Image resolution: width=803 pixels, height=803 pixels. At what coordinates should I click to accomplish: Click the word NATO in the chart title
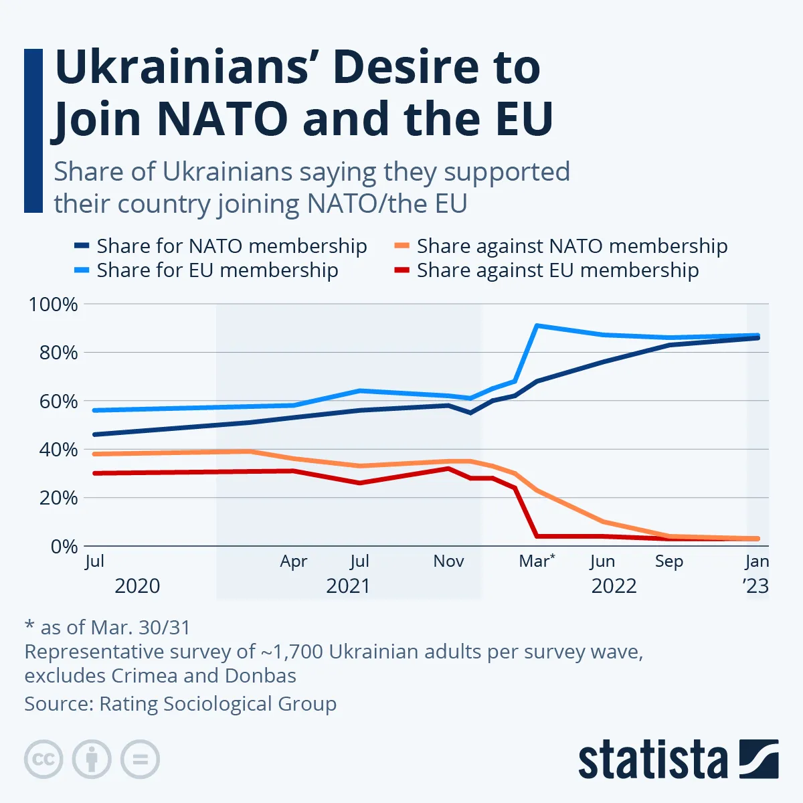tap(224, 119)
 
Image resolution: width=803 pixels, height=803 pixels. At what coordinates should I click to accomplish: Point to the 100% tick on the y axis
tap(53, 304)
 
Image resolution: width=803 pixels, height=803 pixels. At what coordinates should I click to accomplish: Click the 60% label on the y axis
tap(58, 401)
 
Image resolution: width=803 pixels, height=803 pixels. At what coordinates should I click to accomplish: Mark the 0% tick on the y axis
tap(64, 547)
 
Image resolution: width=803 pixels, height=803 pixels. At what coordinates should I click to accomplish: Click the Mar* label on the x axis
tap(537, 561)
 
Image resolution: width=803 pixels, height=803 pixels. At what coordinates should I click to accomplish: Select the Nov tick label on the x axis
tap(448, 561)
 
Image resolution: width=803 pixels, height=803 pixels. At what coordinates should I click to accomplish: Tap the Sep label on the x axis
tap(668, 561)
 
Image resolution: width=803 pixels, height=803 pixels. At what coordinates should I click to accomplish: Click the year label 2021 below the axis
tap(348, 586)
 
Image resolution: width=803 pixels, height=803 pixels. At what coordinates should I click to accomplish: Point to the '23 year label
tap(756, 586)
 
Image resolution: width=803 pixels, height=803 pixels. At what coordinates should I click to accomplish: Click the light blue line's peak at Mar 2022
tap(537, 326)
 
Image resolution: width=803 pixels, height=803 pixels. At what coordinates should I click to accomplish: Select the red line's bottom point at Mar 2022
tap(537, 536)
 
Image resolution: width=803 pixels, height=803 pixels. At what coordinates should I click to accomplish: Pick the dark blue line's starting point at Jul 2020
tap(94, 434)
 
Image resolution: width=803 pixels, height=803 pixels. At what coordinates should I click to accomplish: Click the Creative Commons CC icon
tap(43, 760)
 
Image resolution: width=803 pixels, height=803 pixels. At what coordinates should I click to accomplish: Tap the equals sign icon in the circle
tap(140, 760)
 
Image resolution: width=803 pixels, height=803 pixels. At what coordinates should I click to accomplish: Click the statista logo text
tap(652, 760)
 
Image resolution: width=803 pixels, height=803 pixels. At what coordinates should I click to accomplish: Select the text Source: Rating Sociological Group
tap(180, 704)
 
